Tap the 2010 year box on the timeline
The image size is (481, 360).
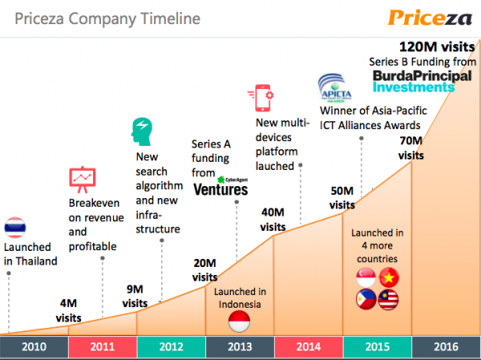coord(34,346)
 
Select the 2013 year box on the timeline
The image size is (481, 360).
coord(240,346)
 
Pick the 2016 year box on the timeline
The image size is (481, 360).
coord(446,346)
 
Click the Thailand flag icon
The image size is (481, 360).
coord(17,229)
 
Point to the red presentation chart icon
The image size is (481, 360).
coord(82,179)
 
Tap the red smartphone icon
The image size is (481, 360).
coord(265,98)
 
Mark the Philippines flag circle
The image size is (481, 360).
coord(366,300)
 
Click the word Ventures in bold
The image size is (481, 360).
coord(221,189)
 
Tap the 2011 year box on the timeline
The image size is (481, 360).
coord(103,346)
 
